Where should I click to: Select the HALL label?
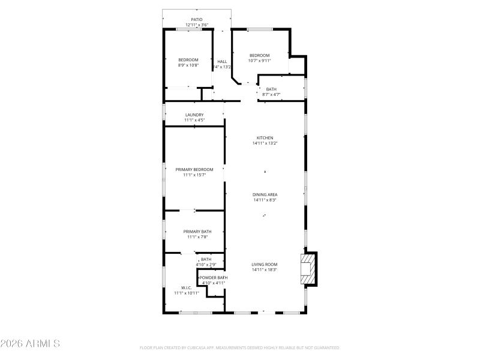pos(222,62)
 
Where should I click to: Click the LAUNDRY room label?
pos(194,115)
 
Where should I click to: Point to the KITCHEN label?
pos(265,138)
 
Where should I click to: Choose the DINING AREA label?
pos(265,194)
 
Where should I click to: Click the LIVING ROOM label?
pos(265,264)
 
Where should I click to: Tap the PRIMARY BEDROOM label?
pos(194,170)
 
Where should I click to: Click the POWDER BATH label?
pos(213,278)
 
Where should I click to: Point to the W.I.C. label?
pos(186,287)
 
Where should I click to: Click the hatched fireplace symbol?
pos(307,269)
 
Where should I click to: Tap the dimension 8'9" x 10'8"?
pos(188,65)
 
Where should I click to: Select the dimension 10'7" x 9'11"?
pos(260,61)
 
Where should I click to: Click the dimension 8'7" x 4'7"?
pos(271,95)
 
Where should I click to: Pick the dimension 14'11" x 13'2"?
pos(265,143)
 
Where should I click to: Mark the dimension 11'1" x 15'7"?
pos(194,175)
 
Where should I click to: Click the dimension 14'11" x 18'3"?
pos(265,270)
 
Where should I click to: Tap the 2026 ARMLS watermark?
pos(30,344)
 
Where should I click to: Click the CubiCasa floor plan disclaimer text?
pos(239,347)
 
